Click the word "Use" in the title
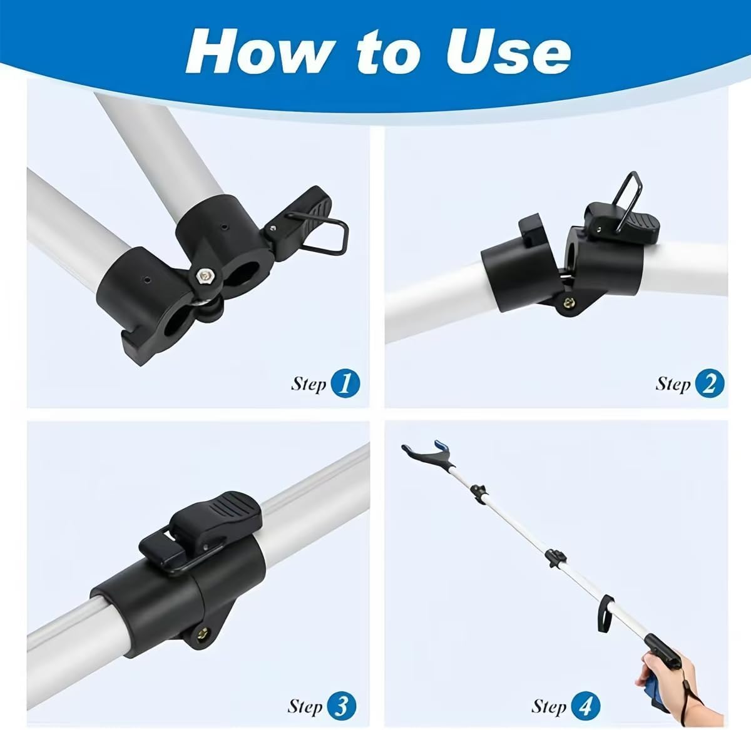tap(508, 52)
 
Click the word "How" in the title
tap(261, 51)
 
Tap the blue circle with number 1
tap(345, 383)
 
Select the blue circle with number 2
tap(709, 383)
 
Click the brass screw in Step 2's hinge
tap(567, 303)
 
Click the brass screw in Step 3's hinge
tap(203, 632)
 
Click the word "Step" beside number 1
tap(309, 384)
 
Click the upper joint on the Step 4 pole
tap(479, 493)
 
